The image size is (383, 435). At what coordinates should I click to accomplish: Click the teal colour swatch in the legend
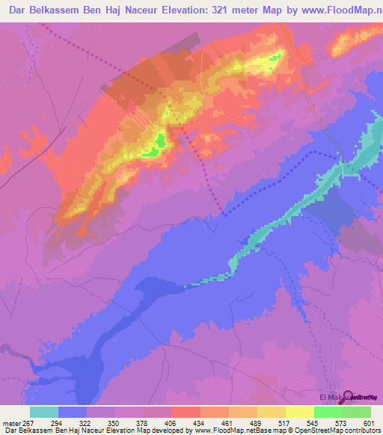pyautogui.click(x=44, y=413)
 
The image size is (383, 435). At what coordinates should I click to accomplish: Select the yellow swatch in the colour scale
pyautogui.click(x=300, y=413)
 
